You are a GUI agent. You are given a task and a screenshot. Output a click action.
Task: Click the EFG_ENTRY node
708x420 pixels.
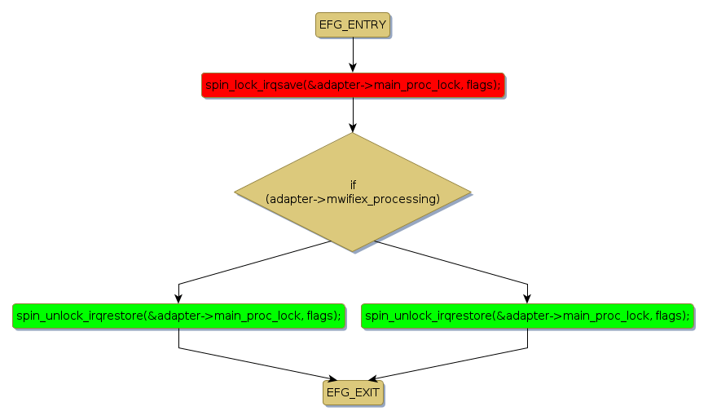pos(352,25)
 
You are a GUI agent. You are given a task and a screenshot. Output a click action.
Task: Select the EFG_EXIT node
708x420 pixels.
pos(353,393)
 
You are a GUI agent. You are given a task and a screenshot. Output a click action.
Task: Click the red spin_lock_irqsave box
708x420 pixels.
pos(352,85)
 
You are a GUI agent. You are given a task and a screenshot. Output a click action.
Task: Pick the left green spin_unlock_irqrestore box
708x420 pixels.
pos(178,316)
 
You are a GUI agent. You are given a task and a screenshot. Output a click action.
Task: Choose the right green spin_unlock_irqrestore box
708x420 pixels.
pos(527,316)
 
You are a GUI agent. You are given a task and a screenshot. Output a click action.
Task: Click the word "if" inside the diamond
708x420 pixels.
pos(353,185)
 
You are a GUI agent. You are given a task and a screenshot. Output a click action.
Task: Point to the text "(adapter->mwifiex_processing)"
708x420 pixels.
pos(353,199)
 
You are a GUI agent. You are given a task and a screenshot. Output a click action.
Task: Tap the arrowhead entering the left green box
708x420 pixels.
pos(178,298)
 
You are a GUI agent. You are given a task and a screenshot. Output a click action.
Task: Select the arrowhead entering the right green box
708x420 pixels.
pos(528,298)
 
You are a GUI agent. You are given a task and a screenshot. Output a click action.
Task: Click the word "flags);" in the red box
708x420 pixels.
pos(482,85)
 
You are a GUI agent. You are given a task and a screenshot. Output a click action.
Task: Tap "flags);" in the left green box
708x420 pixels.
pos(323,316)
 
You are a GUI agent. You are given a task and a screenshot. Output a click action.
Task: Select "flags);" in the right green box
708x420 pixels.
pos(673,316)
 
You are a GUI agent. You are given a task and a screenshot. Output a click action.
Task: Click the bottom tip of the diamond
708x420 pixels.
pos(353,252)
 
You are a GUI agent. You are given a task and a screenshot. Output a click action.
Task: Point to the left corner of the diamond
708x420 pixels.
pos(235,192)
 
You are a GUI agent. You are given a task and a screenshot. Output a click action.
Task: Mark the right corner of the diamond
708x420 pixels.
pos(471,192)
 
